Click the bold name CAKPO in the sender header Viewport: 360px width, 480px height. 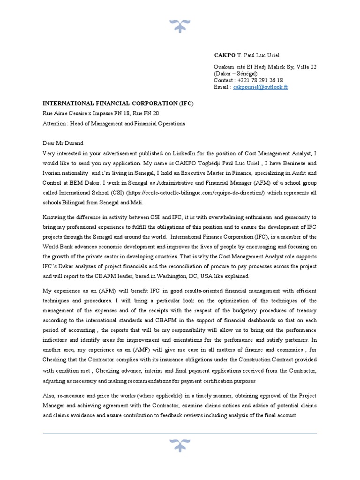[224, 55]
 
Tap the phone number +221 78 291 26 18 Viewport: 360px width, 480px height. [261, 80]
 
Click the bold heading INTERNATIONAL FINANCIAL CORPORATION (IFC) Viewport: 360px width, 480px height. [118, 103]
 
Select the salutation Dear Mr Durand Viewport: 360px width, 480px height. [63, 143]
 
